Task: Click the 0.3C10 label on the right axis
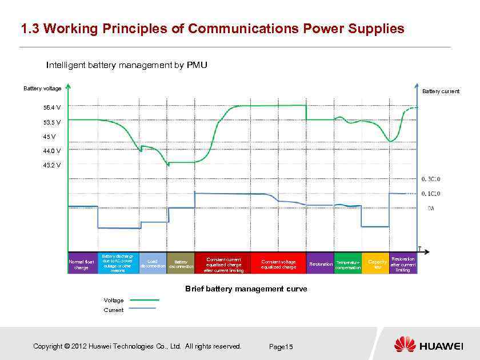coord(431,179)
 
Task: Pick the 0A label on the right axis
coord(431,208)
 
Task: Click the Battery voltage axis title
coord(42,88)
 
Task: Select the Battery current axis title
coord(441,91)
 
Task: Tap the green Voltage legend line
coord(145,299)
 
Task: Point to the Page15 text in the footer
coord(281,347)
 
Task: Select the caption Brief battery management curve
coord(246,289)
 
